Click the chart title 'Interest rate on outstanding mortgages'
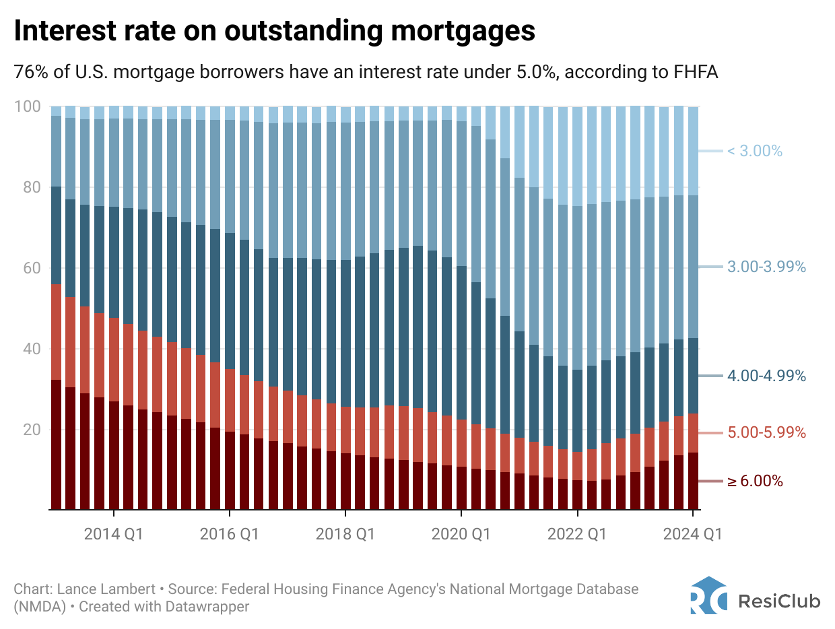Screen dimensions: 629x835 point(275,32)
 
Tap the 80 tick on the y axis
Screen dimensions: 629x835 point(31,187)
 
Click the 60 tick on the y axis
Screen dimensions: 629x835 point(31,268)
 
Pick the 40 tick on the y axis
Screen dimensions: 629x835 point(31,349)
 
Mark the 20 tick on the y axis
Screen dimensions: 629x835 point(31,430)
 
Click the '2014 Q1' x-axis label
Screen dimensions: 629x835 point(113,534)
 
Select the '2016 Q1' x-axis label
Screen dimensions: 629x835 point(229,534)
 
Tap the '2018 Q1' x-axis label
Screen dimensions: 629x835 point(345,534)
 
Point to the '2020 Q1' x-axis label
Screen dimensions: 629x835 point(461,534)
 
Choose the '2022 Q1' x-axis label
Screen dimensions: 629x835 point(577,534)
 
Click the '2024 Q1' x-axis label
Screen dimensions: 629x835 point(692,534)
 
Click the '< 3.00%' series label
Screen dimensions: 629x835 point(754,152)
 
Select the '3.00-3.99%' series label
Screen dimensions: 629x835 point(766,267)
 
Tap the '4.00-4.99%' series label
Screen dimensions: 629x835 point(766,376)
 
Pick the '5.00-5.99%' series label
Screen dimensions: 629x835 point(766,432)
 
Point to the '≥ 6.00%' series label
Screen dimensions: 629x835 point(755,482)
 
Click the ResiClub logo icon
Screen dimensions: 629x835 point(708,595)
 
